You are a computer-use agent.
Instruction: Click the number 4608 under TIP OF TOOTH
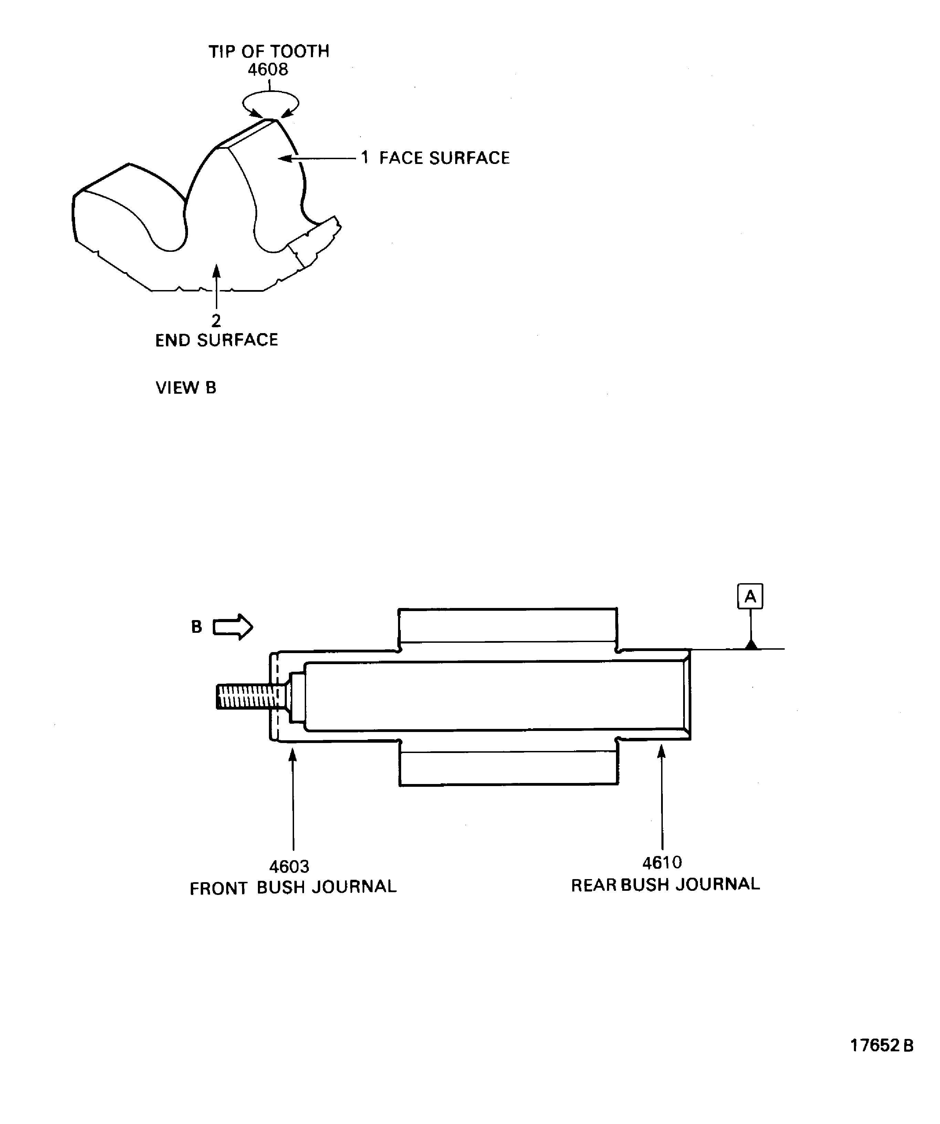268,70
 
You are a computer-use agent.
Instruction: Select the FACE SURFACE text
444,158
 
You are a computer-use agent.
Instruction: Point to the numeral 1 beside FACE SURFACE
364,158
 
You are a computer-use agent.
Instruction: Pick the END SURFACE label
217,340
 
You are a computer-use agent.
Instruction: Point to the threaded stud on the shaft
246,697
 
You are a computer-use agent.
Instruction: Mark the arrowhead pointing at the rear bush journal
662,752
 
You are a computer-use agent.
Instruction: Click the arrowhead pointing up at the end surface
216,271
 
